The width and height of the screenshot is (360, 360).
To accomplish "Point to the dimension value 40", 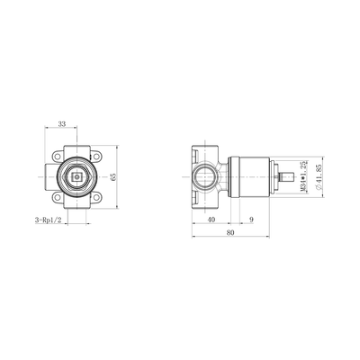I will (211, 219).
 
